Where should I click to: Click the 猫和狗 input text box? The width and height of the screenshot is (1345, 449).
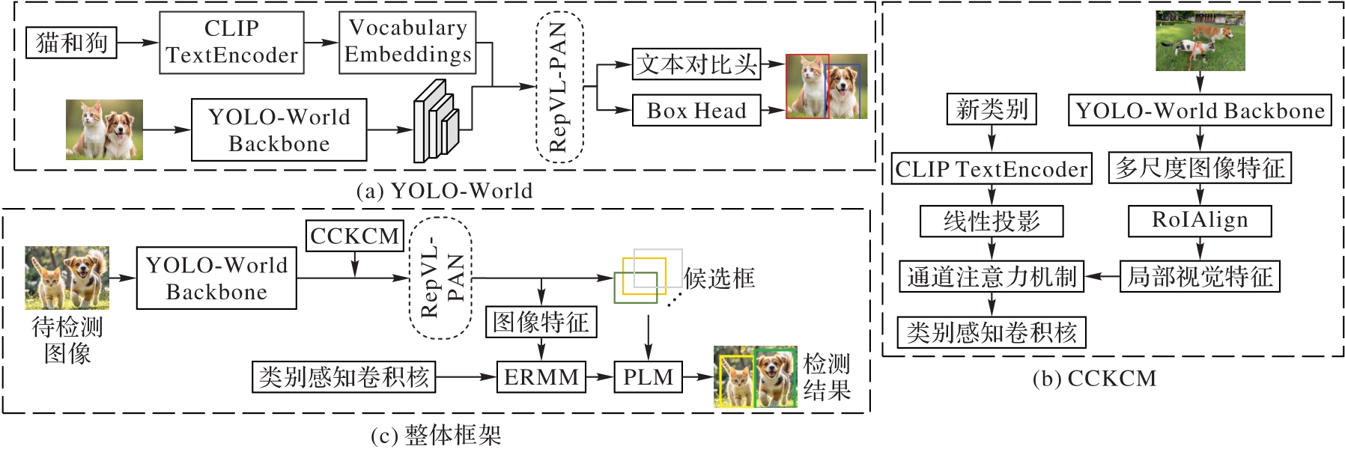click(x=72, y=43)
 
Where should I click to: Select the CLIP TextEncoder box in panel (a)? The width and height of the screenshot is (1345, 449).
click(x=231, y=43)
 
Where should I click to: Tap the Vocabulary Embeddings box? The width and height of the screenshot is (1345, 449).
click(x=407, y=42)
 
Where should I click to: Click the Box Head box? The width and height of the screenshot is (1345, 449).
click(x=696, y=111)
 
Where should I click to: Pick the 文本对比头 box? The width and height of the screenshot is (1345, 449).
click(x=696, y=65)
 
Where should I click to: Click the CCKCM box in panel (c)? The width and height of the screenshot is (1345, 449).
click(x=355, y=236)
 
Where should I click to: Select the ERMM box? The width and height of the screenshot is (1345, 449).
click(x=541, y=376)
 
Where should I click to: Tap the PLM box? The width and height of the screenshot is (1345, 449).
click(x=648, y=376)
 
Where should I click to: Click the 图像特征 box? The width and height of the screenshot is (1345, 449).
click(x=541, y=322)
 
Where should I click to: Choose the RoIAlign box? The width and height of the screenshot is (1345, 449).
click(x=1200, y=221)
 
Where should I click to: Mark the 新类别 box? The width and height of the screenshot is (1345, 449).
click(x=992, y=109)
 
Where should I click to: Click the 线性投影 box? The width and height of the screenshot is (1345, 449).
click(x=992, y=222)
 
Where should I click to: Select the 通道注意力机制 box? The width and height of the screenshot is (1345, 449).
click(x=992, y=277)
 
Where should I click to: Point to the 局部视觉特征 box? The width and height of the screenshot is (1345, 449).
click(x=1200, y=277)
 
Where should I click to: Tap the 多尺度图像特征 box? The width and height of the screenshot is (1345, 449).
click(x=1200, y=168)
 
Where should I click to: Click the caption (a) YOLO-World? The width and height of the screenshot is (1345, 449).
click(x=445, y=191)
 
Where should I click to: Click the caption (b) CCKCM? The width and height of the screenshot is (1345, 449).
click(x=1094, y=379)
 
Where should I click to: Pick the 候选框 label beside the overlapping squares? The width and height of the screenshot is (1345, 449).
click(x=719, y=278)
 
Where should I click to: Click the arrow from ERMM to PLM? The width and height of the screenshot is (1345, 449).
click(x=600, y=376)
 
